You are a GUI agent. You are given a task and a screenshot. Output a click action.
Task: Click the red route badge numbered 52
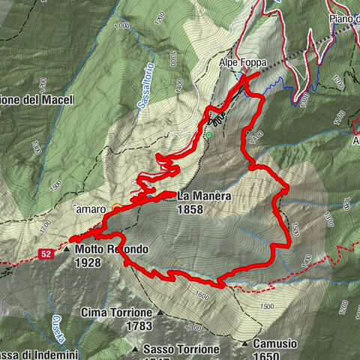(x=46, y=253)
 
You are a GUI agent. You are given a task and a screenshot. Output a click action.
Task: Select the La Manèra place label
(x=204, y=196)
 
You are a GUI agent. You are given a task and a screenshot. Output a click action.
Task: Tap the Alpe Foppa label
(x=238, y=64)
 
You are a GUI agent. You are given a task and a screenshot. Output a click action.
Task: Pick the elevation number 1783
(x=139, y=325)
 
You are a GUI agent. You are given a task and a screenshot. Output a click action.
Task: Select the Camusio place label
(x=275, y=343)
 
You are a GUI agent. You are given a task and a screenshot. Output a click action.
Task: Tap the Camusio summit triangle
(x=245, y=343)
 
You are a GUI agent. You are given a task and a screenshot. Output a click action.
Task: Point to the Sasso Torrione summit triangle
(x=135, y=349)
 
